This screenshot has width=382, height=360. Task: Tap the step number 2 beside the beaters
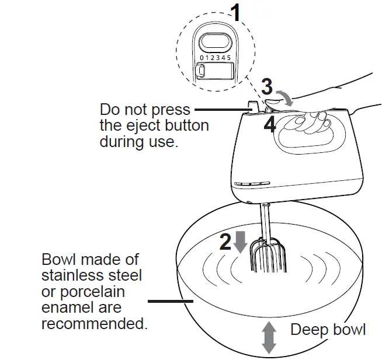[226, 242]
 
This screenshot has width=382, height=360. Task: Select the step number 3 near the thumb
[267, 88]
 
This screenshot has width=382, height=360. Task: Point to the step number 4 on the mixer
[270, 124]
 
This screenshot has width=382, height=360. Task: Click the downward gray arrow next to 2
[241, 241]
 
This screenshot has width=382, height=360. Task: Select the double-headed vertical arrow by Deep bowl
[269, 337]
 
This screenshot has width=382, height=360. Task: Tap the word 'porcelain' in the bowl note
[90, 291]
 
